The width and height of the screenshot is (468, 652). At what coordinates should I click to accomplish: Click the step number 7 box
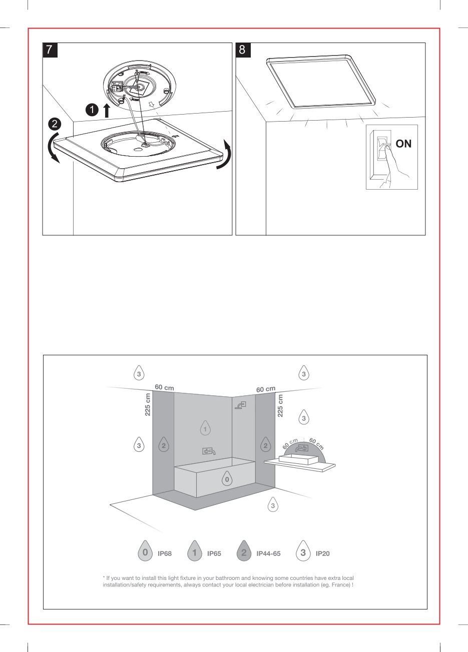[x=50, y=50]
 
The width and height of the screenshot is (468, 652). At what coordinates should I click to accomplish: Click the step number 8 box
[x=243, y=50]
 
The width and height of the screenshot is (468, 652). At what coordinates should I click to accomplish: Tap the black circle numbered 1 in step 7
[x=92, y=110]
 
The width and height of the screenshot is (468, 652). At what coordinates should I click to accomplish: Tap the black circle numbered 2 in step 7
[x=55, y=124]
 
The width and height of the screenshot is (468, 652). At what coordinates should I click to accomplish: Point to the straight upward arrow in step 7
[x=107, y=110]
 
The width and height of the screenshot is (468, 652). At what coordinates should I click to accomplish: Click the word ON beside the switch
[x=403, y=144]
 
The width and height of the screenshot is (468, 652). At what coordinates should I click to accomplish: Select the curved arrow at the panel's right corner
[x=227, y=155]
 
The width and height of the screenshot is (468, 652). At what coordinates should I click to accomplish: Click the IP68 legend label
[x=165, y=553]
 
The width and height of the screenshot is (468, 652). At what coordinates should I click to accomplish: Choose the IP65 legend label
[x=214, y=553]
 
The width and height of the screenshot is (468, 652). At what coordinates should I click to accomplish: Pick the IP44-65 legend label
[x=268, y=553]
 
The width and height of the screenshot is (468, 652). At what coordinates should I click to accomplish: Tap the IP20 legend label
[x=323, y=553]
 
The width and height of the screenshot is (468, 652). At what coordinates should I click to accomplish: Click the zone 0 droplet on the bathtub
[x=227, y=479]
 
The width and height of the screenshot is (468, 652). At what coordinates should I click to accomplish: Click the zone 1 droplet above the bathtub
[x=205, y=428]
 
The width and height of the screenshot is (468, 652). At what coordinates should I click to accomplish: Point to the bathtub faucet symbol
[x=209, y=451]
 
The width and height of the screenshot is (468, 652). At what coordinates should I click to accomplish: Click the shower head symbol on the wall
[x=241, y=405]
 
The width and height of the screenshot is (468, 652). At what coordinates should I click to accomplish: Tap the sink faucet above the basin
[x=301, y=448]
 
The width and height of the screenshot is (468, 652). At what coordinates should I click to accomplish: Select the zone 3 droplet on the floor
[x=273, y=505]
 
